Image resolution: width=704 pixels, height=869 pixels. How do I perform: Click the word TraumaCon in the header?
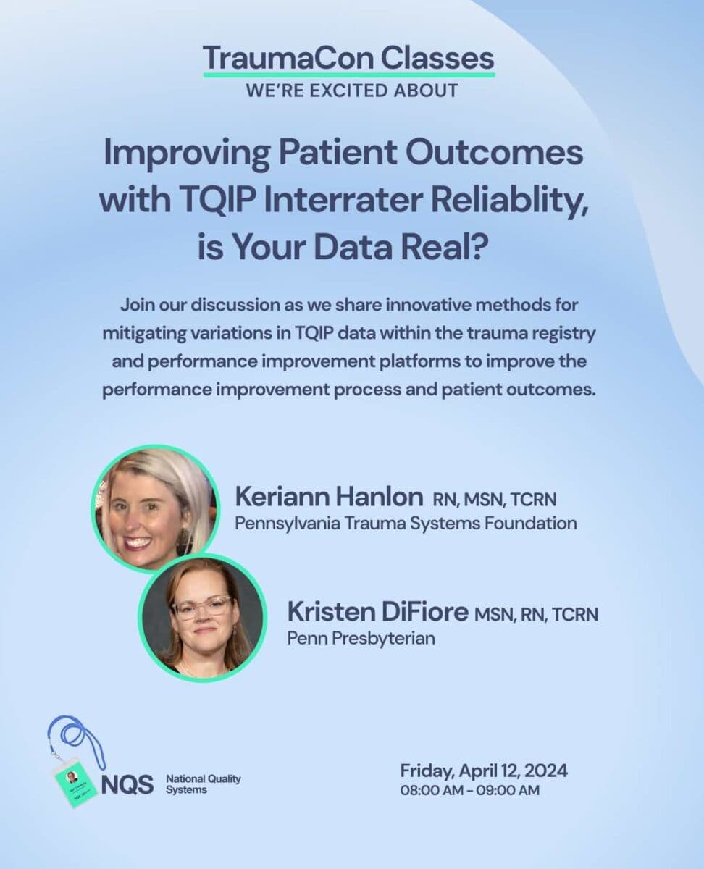288,59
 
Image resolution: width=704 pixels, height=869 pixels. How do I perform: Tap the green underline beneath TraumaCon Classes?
349,75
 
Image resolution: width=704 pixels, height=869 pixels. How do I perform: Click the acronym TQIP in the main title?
218,200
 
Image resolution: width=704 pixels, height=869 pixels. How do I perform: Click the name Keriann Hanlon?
329,497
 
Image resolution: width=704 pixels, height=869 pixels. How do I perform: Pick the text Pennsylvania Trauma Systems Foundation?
406,524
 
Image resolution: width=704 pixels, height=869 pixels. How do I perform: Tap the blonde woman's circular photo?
156,509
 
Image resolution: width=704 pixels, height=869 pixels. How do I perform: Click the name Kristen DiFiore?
378,612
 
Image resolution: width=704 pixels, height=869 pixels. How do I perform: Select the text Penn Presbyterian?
361,639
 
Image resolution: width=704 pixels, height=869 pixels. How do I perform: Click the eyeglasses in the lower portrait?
201,606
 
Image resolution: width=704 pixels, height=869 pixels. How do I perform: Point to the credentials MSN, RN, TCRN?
536,614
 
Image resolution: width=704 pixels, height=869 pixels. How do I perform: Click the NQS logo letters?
127,784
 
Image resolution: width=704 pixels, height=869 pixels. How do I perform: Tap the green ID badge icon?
76,783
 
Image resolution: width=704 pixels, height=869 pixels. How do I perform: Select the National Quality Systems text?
203,784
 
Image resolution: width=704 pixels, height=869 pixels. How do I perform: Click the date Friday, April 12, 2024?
484,771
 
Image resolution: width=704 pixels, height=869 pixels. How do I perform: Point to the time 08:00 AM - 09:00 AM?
470,790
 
